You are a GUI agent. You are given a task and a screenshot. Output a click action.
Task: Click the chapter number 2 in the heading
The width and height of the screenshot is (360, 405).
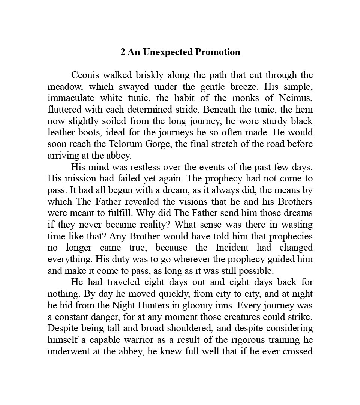point(123,52)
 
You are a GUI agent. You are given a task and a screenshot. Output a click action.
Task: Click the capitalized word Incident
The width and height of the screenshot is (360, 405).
point(232,248)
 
